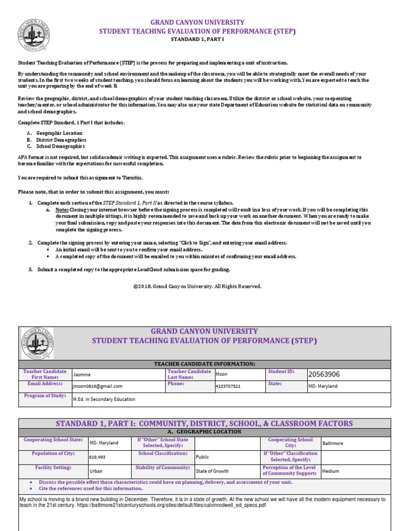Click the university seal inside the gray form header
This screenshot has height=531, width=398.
tap(37, 343)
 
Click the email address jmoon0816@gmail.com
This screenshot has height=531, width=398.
tap(97, 386)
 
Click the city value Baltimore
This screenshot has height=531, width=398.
tap(332, 443)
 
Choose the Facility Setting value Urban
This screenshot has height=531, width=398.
tap(96, 471)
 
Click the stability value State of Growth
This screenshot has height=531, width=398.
tap(211, 471)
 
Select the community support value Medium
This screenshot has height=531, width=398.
tap(330, 471)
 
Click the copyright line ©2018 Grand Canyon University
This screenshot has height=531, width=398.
tap(197, 286)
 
